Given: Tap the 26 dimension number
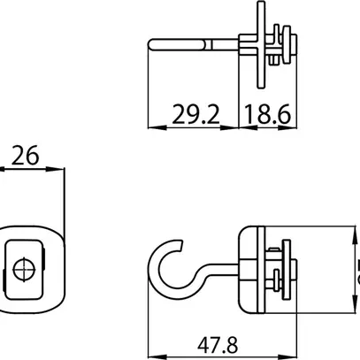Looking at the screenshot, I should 26,157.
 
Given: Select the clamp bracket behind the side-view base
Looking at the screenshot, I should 283,265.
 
